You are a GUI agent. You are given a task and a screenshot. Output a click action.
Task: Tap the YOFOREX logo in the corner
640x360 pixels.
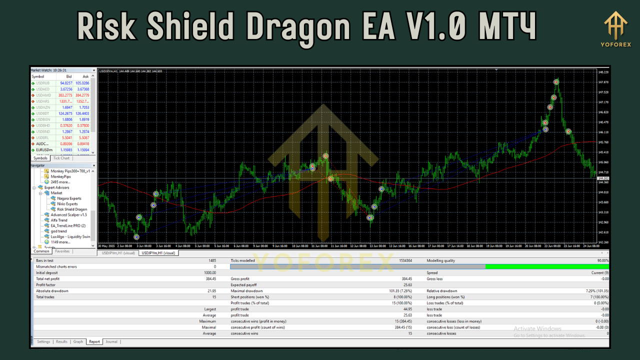click(x=615, y=29)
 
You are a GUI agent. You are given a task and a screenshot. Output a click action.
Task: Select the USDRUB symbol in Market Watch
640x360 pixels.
click(x=43, y=83)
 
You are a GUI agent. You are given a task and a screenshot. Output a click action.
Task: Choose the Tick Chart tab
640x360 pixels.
click(x=61, y=158)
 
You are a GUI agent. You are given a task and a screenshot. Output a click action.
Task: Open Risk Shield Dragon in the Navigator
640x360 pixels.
click(x=72, y=209)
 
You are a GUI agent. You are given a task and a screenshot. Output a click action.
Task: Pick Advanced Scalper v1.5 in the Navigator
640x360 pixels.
click(x=68, y=215)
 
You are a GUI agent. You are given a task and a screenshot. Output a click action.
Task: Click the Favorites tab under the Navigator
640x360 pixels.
click(x=62, y=251)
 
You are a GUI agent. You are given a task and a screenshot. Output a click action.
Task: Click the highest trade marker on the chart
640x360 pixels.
click(x=556, y=81)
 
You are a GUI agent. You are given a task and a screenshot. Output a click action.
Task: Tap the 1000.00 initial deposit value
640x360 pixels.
click(x=209, y=273)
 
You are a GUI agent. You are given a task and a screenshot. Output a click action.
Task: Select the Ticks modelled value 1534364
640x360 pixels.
click(x=405, y=260)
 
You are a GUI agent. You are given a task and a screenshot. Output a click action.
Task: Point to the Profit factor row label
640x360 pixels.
click(x=45, y=285)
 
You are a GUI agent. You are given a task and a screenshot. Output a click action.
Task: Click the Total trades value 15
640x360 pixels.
click(x=213, y=297)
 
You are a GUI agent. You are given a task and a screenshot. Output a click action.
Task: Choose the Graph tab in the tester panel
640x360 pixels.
click(x=78, y=342)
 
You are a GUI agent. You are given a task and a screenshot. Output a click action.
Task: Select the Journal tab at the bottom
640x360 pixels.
click(x=111, y=342)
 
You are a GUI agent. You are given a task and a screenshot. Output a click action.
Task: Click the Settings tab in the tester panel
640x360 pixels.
click(x=44, y=342)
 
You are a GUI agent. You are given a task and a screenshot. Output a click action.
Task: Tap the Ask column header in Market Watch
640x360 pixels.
click(x=85, y=76)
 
